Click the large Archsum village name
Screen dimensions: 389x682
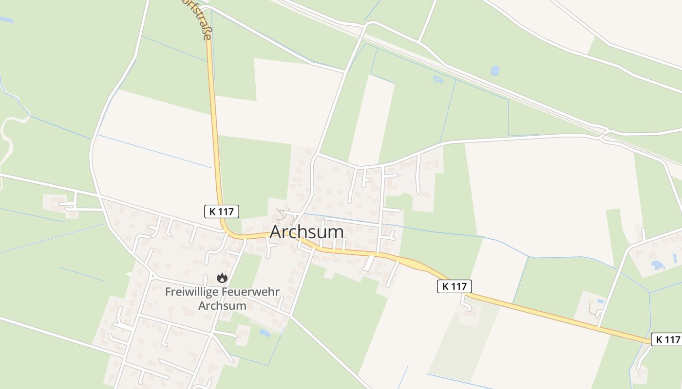[306, 232]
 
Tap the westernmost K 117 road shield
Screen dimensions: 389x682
[221, 212]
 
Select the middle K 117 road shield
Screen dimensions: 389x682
[455, 286]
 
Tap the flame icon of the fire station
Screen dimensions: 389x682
[222, 278]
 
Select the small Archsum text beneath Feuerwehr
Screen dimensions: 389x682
[222, 306]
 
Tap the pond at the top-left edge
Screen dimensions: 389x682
[6, 20]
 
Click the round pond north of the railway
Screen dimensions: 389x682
[495, 71]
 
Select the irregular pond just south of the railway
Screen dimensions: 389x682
[437, 79]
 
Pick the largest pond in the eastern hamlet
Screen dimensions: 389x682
[658, 265]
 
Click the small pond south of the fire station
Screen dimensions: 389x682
[265, 333]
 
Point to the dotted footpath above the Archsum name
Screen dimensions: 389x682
[281, 214]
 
